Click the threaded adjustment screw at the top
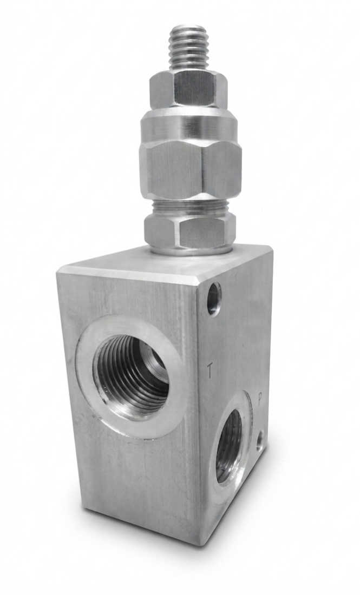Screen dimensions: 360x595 click(188, 48)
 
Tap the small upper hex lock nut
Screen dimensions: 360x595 click(188, 90)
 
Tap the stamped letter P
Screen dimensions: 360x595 click(260, 400)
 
